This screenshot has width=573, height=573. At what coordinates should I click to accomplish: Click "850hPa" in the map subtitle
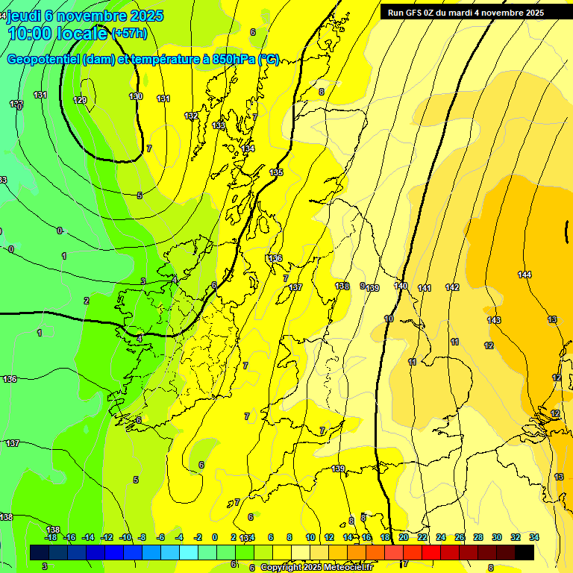pos(228,60)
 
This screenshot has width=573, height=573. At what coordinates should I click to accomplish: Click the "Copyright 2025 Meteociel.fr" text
pos(317,568)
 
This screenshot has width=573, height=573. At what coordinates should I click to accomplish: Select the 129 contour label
pos(80,100)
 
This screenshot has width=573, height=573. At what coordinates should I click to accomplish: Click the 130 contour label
pos(135,97)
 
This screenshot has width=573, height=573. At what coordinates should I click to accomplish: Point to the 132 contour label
pos(192,116)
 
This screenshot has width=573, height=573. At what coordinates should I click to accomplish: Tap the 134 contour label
pos(248,149)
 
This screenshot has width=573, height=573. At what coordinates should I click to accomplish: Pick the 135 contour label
pos(276,172)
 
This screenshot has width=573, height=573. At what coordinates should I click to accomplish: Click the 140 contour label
pos(401,286)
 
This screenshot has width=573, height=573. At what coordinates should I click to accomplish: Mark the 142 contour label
pos(452,287)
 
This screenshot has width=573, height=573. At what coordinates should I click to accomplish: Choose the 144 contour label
pos(525,275)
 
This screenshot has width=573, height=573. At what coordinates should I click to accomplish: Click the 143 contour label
pos(494,320)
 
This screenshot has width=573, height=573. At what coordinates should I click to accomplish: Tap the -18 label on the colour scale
pos(51,537)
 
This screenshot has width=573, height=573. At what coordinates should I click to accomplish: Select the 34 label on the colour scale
pos(533,537)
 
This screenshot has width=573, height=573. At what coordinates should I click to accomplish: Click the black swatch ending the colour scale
pos(525,552)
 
